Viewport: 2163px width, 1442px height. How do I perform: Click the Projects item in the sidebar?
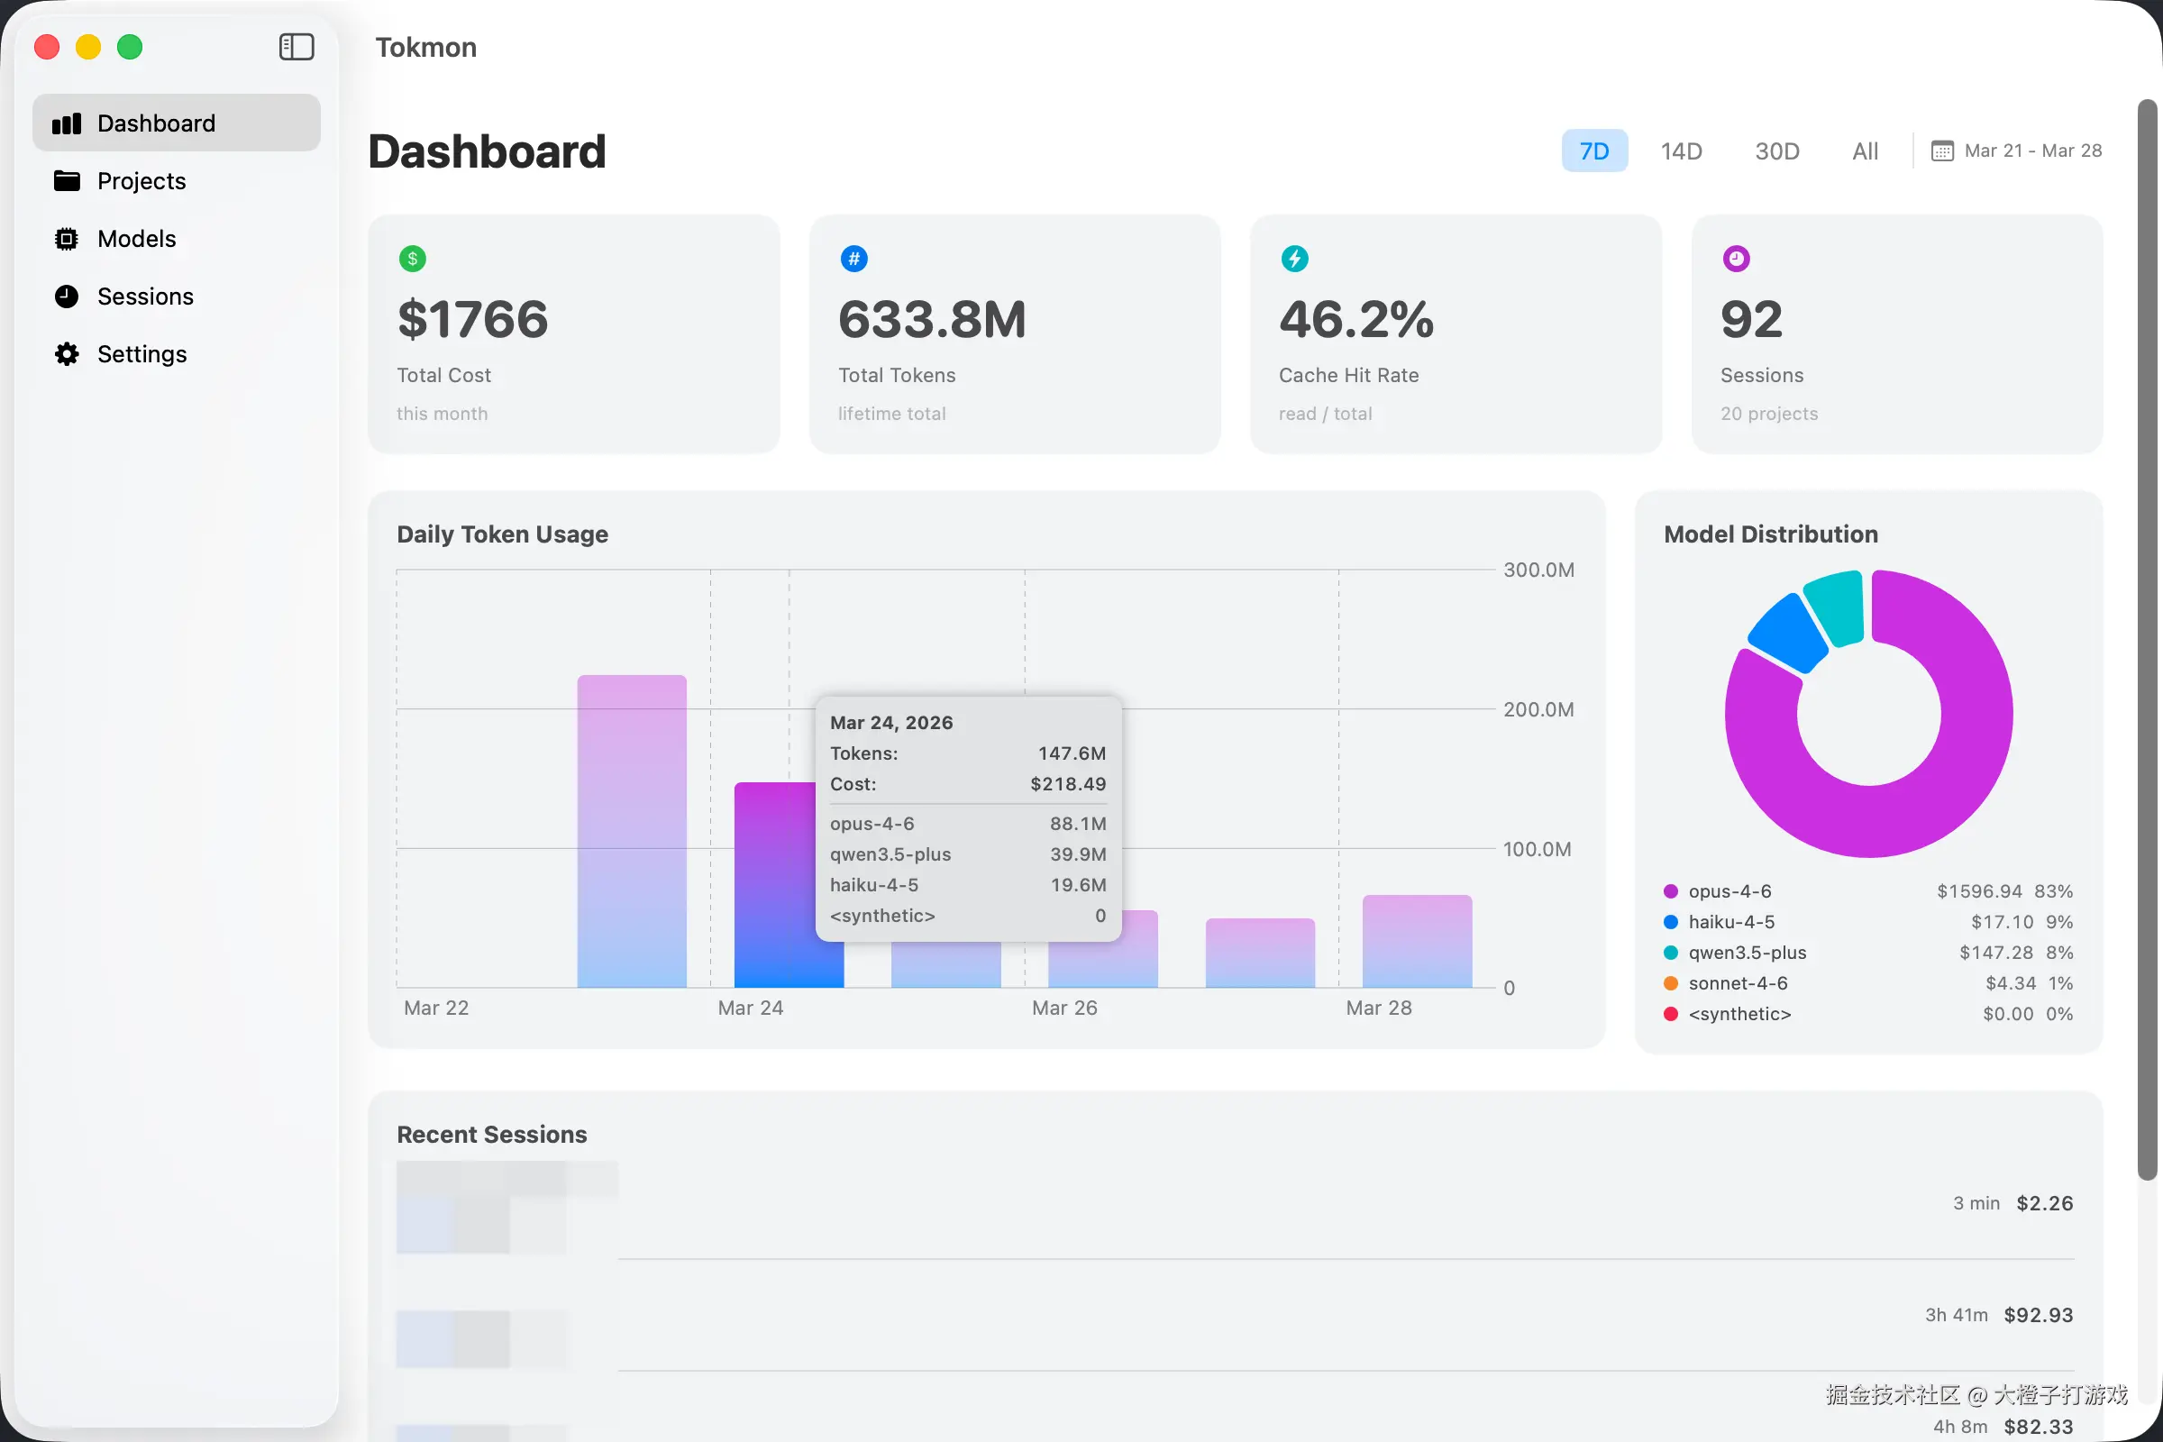pyautogui.click(x=141, y=181)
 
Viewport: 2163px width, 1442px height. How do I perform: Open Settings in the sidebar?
pyautogui.click(x=141, y=354)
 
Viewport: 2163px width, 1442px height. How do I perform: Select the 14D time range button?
pyautogui.click(x=1681, y=151)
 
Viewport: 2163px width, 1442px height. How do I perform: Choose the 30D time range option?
pyautogui.click(x=1776, y=151)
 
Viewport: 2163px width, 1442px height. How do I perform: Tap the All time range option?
pyautogui.click(x=1865, y=151)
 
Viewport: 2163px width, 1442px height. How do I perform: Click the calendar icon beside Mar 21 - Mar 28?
pyautogui.click(x=1941, y=151)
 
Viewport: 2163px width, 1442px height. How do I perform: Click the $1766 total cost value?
pyautogui.click(x=472, y=319)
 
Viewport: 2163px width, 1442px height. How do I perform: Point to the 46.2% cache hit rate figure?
pyautogui.click(x=1355, y=319)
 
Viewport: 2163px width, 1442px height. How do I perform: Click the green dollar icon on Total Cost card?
pyautogui.click(x=412, y=259)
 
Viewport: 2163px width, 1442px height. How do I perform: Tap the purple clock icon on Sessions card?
pyautogui.click(x=1736, y=259)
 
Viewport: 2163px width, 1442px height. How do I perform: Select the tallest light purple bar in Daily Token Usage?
pyautogui.click(x=632, y=827)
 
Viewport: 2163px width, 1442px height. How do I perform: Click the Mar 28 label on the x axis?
pyautogui.click(x=1378, y=1008)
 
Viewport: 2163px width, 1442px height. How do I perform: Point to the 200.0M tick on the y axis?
pyautogui.click(x=1538, y=709)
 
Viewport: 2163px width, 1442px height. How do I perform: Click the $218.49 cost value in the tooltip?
pyautogui.click(x=1067, y=783)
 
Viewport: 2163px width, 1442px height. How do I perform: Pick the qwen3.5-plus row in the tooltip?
pyautogui.click(x=965, y=854)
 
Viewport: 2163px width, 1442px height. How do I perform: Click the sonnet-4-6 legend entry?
pyautogui.click(x=1738, y=983)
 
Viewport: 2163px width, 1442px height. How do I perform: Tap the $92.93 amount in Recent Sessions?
pyautogui.click(x=2038, y=1315)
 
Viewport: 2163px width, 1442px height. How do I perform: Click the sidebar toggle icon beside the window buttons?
pyautogui.click(x=297, y=47)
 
